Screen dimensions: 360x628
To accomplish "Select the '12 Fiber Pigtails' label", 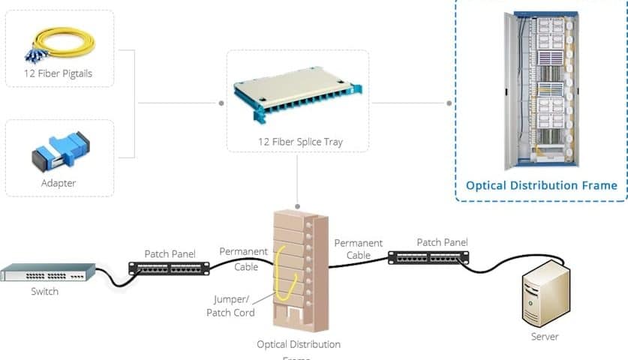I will (x=59, y=73).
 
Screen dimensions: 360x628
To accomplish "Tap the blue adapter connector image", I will (x=59, y=151).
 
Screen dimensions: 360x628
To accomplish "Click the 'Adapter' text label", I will (x=59, y=183).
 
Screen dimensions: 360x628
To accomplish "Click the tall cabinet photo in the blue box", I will (x=541, y=89).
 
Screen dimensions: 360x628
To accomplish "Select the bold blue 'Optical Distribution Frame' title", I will (x=541, y=185).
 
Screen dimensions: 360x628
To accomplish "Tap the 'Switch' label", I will (x=44, y=291).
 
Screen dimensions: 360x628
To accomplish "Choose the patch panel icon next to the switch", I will (x=169, y=268).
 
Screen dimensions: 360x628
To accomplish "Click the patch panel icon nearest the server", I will (x=428, y=257).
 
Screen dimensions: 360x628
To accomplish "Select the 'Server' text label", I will (x=545, y=337).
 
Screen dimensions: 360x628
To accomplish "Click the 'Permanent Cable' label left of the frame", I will (x=239, y=259).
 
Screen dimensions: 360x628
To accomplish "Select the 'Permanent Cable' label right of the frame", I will (x=358, y=249).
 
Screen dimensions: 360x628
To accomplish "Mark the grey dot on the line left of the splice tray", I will (x=221, y=103).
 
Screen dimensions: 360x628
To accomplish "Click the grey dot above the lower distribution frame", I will (x=298, y=205).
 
